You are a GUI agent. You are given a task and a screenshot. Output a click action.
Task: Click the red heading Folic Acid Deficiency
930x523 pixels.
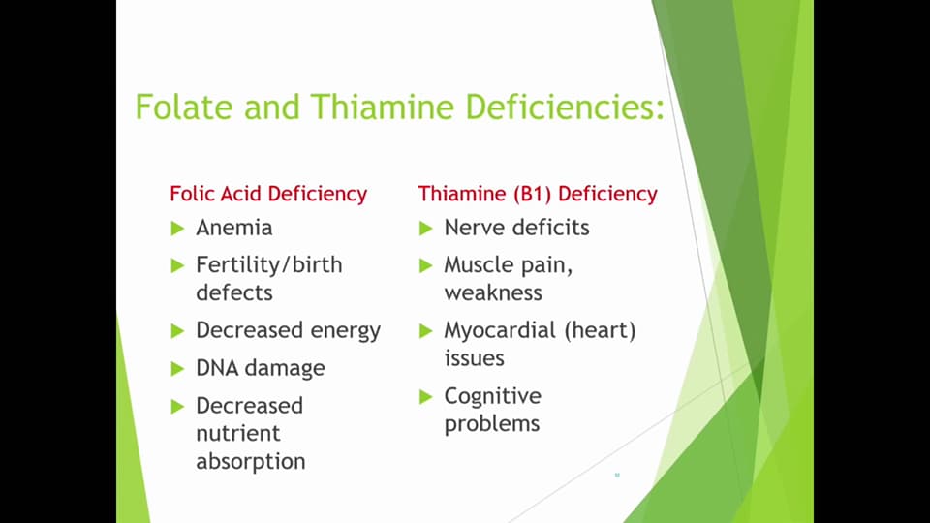point(268,194)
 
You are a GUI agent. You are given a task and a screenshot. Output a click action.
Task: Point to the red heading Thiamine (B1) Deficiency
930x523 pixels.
point(538,194)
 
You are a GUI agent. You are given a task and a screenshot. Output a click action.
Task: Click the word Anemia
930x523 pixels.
point(233,228)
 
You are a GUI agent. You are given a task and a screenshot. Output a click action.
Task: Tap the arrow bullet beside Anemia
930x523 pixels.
point(177,229)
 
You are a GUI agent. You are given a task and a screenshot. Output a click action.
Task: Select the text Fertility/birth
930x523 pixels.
point(268,264)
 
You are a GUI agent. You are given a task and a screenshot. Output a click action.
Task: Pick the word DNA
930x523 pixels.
point(217,368)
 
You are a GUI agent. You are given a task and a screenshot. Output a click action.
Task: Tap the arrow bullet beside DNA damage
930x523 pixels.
point(177,369)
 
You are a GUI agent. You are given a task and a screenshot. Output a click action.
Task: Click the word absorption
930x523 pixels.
point(250,461)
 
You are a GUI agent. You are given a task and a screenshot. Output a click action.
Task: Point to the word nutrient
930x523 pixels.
point(237,433)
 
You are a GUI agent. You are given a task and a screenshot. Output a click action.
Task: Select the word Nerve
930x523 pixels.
point(472,228)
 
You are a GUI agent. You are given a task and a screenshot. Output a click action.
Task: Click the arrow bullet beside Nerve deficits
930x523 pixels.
point(425,229)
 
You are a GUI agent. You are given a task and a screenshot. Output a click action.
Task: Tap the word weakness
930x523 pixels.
point(493,292)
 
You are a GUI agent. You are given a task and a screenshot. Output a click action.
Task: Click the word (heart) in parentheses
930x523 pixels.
point(600,330)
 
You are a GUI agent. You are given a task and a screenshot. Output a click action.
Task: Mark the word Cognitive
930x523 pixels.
point(492,396)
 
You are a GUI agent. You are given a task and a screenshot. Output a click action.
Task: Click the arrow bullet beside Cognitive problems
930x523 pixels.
point(425,397)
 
